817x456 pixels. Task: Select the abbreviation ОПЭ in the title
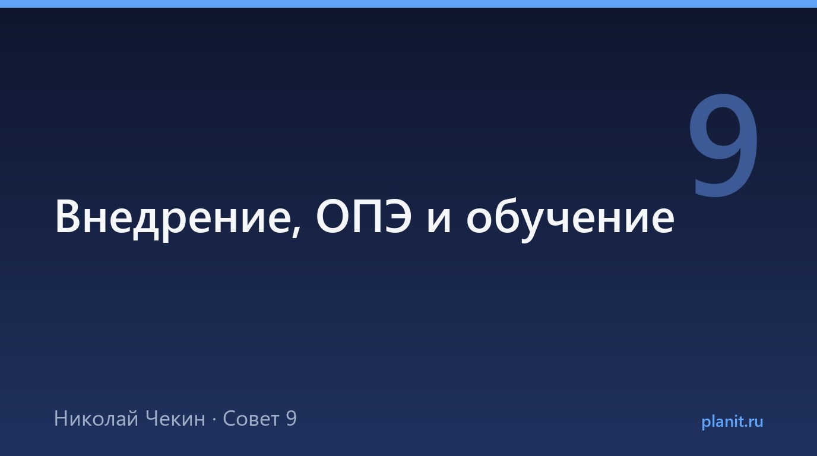(x=363, y=216)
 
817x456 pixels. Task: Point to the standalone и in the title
(x=439, y=220)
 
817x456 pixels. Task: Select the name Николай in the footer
(x=96, y=418)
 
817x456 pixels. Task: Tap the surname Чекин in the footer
(x=175, y=419)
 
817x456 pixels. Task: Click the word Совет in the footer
(x=251, y=419)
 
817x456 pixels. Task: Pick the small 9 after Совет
(x=292, y=419)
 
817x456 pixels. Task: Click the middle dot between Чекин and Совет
(x=214, y=420)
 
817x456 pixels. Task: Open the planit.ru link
(x=732, y=422)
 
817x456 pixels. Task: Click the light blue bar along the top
(x=408, y=4)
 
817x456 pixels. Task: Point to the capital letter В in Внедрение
(x=68, y=216)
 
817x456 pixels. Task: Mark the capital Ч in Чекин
(x=152, y=419)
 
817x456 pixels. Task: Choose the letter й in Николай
(x=132, y=418)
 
